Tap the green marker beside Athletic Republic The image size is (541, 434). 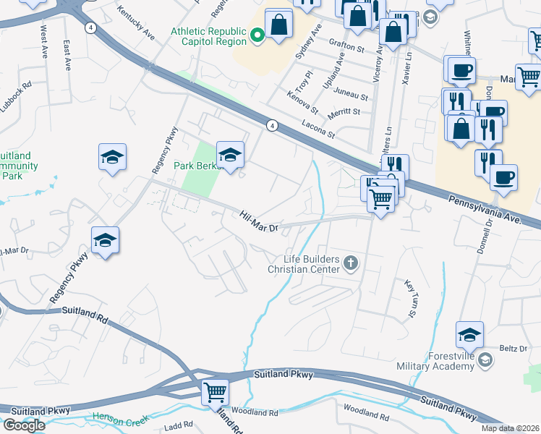click(255, 35)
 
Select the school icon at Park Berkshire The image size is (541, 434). click(231, 154)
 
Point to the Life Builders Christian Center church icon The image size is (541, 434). click(351, 263)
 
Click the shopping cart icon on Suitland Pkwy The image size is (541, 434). click(216, 392)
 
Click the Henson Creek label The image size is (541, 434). click(120, 417)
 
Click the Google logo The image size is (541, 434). click(24, 425)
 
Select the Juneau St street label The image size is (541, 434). click(353, 95)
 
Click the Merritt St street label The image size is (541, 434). click(344, 111)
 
